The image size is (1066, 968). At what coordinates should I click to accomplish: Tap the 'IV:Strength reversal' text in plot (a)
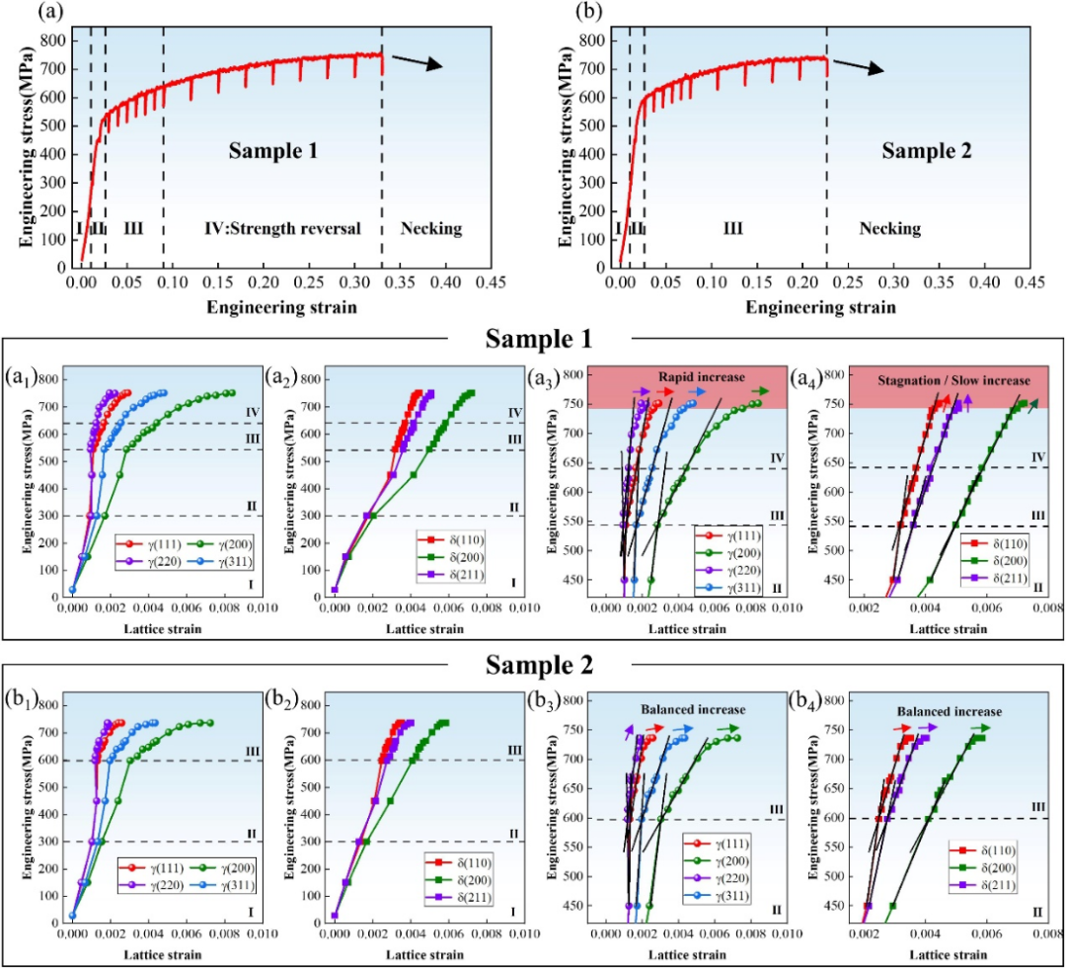point(281,229)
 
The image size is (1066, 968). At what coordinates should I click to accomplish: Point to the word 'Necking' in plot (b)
point(889,229)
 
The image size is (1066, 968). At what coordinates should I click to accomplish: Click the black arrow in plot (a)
point(417,61)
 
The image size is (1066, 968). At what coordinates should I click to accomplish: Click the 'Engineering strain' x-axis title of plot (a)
point(281,307)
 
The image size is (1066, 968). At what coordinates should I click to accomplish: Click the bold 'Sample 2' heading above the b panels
point(533,666)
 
